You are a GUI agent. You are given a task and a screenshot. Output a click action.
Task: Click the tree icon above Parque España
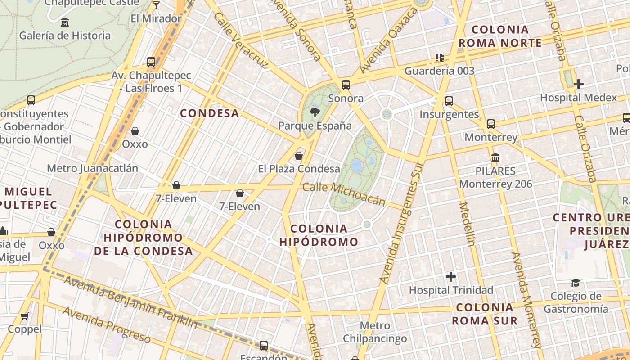click(315, 112)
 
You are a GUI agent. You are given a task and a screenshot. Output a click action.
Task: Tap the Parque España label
click(315, 126)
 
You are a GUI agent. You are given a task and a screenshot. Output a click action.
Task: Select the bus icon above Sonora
click(346, 85)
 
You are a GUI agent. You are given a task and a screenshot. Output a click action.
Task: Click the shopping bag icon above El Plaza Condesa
click(298, 156)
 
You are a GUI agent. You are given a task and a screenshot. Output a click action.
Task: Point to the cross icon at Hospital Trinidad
click(450, 276)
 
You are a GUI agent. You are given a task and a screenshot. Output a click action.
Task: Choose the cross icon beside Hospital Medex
click(579, 84)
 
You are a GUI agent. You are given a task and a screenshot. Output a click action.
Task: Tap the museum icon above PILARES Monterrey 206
click(495, 157)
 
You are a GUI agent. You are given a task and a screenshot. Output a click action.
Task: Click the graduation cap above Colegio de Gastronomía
click(576, 283)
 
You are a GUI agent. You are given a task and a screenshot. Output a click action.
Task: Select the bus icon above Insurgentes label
click(449, 101)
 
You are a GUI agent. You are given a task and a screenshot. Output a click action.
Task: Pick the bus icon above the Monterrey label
click(491, 124)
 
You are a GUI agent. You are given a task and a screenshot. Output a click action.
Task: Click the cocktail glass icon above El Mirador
click(156, 5)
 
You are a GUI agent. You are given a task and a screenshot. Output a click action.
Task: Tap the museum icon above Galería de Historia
click(65, 22)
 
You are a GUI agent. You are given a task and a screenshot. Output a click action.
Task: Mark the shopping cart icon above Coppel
click(25, 316)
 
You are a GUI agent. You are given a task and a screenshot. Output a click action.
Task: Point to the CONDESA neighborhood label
click(210, 113)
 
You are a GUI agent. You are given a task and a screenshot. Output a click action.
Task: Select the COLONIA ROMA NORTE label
click(500, 36)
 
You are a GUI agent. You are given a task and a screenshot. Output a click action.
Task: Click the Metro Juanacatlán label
click(92, 168)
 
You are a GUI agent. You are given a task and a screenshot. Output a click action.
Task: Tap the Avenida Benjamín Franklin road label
click(130, 302)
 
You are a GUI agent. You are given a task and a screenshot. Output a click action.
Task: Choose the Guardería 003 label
click(439, 71)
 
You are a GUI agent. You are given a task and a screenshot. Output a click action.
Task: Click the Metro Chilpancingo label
click(375, 332)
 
